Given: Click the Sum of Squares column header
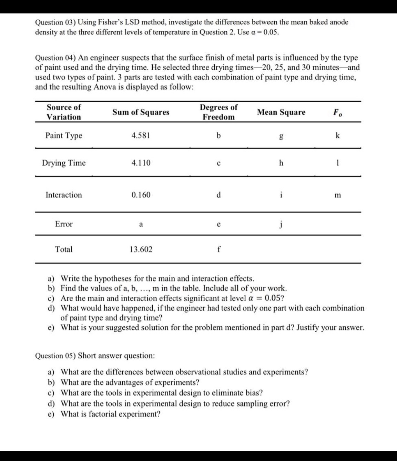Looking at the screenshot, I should [141, 112].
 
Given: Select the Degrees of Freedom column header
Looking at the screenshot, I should [218, 112].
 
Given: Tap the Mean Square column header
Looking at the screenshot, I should [281, 112].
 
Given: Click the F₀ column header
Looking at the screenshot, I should [337, 112].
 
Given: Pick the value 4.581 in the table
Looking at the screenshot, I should [141, 135].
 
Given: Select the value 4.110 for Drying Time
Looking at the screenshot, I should [141, 163].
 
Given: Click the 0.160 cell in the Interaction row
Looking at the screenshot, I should [141, 195].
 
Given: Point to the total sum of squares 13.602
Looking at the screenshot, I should [141, 249].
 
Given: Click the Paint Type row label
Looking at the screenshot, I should [64, 136].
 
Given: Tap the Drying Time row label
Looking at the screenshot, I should [64, 163].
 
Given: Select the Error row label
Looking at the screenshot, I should [64, 224].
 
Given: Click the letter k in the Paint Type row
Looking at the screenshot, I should [337, 135].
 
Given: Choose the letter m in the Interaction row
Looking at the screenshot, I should [337, 195].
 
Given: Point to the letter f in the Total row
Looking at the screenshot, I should [218, 249].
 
